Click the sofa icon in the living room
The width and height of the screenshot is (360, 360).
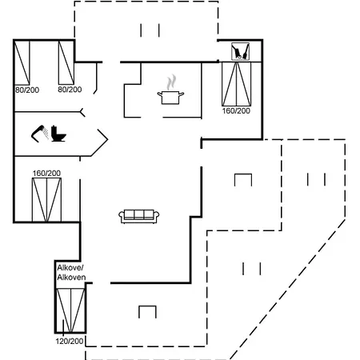(139, 216)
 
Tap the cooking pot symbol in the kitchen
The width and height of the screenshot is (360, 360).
(170, 98)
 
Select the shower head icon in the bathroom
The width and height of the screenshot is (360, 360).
(40, 134)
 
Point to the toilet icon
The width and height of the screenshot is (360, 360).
(58, 134)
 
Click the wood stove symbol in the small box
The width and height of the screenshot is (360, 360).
(240, 51)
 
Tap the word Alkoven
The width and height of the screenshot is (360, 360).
(71, 278)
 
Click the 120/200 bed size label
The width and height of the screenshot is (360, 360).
(70, 341)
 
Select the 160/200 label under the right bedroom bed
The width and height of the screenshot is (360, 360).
(236, 110)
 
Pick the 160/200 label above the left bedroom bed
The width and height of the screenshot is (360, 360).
(46, 173)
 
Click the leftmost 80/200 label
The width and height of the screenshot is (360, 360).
(27, 90)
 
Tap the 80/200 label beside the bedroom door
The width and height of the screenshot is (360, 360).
(70, 90)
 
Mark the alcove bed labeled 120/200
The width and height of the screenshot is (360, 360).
(70, 310)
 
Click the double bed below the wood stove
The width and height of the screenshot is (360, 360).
(237, 84)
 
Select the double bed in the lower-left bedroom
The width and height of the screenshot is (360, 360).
(46, 200)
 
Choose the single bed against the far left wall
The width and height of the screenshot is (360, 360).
(22, 62)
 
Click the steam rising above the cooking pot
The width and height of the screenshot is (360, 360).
(171, 82)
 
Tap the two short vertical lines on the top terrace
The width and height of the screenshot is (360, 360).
(150, 30)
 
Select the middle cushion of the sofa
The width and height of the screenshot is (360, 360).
(139, 214)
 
